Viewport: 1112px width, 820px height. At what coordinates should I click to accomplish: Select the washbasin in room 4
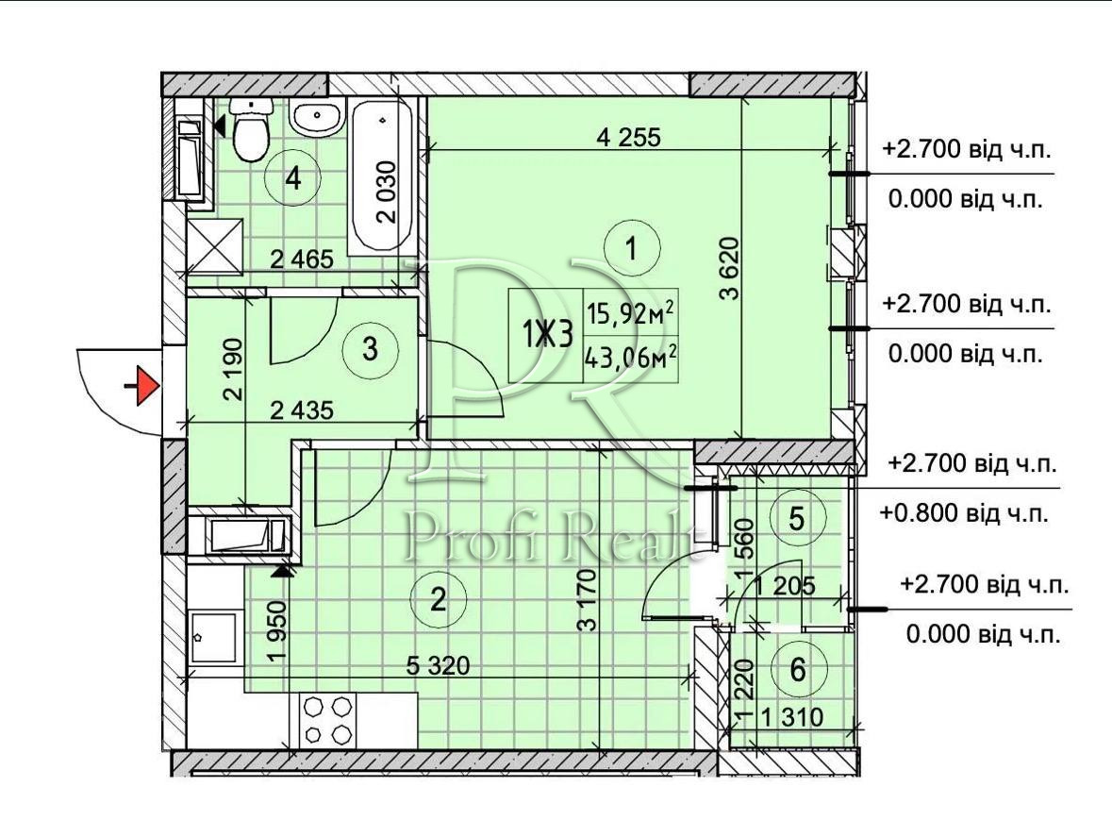(316, 118)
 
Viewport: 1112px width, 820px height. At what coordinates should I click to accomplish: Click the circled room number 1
(632, 248)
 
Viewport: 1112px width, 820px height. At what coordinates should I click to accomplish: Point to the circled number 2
(439, 600)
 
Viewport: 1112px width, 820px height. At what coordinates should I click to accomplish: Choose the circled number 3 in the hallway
(370, 349)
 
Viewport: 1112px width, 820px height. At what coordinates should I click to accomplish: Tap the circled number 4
(293, 177)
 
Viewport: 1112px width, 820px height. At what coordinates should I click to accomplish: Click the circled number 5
(797, 519)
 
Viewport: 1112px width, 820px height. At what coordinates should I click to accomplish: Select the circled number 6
(798, 669)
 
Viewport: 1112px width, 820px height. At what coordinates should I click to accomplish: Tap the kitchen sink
(213, 638)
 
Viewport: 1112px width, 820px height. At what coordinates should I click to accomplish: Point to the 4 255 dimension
(628, 136)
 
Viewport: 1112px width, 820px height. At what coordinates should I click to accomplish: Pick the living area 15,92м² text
(628, 313)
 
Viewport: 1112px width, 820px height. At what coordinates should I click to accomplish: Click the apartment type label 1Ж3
(547, 333)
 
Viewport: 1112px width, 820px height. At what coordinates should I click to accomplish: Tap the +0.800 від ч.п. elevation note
(964, 512)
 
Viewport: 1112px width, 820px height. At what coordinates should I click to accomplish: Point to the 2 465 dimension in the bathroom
(302, 259)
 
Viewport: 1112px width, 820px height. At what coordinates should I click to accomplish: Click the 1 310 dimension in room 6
(792, 717)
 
